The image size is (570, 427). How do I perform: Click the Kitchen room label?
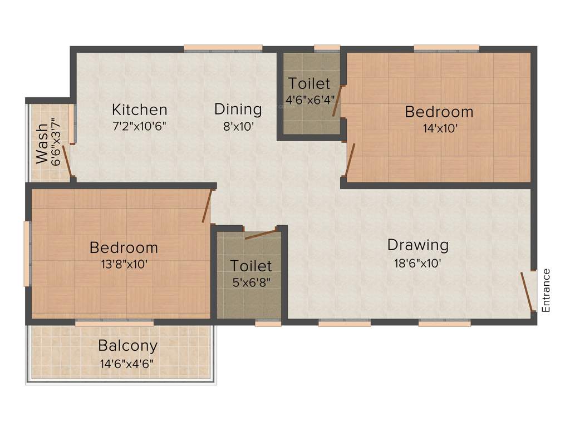click(139, 109)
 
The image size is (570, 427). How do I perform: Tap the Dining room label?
click(238, 109)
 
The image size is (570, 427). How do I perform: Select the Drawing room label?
click(417, 245)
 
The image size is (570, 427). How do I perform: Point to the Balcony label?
click(127, 346)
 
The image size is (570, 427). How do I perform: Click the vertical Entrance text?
click(546, 290)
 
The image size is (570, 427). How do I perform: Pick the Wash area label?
click(42, 148)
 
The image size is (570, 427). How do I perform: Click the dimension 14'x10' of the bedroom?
click(439, 128)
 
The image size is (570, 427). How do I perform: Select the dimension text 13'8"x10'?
click(124, 264)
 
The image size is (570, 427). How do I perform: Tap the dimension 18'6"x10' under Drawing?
click(417, 262)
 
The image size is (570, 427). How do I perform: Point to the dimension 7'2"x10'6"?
click(139, 126)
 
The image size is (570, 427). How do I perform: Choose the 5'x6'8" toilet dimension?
click(251, 282)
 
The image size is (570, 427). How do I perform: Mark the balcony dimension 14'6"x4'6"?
click(127, 363)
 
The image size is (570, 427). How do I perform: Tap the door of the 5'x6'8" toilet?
click(260, 234)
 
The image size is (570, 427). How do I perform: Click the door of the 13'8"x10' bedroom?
click(208, 206)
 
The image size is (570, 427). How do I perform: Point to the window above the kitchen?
click(223, 48)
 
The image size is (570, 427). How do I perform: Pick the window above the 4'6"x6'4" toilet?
click(327, 48)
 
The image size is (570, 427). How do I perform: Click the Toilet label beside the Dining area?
click(309, 84)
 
